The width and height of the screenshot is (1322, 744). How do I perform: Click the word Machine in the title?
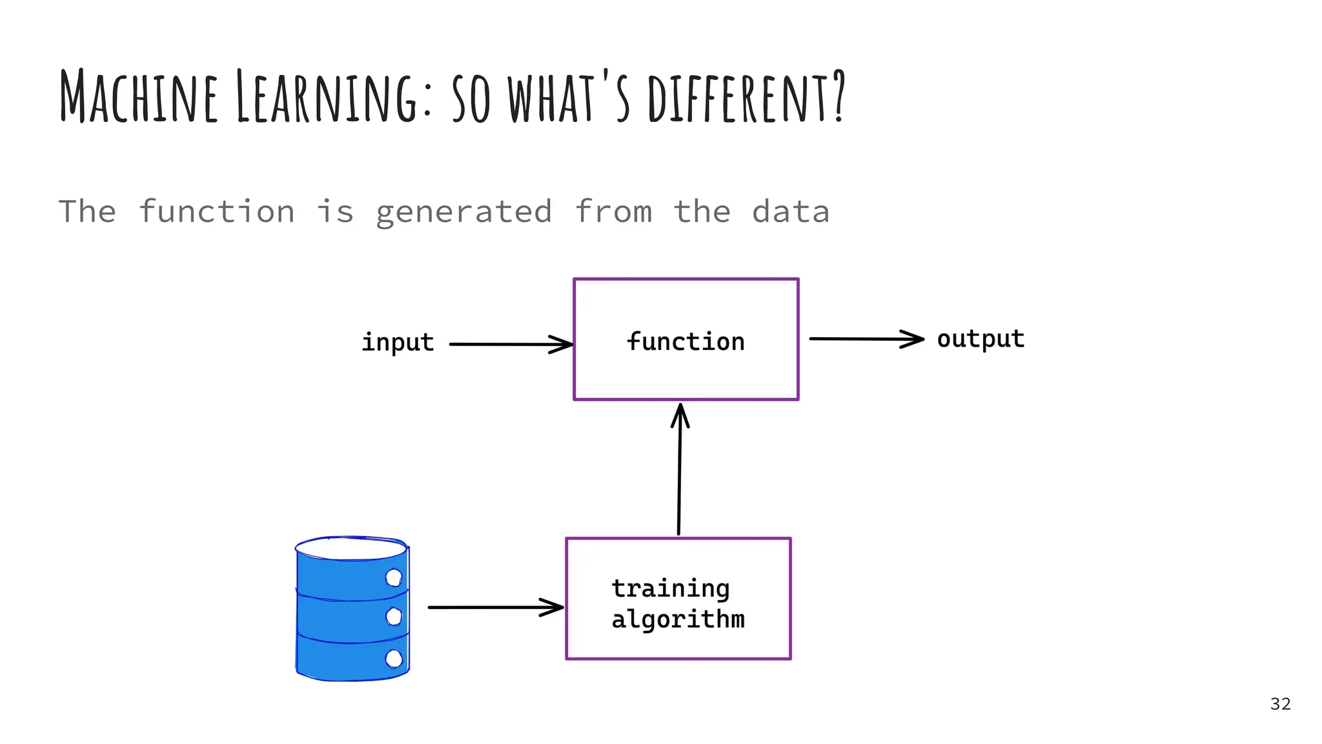[x=138, y=97]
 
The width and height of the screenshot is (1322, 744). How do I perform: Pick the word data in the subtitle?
[x=791, y=212]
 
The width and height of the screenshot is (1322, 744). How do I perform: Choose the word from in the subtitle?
[x=613, y=212]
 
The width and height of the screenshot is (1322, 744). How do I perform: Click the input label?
[x=398, y=342]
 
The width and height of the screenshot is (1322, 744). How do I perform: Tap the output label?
[x=981, y=339]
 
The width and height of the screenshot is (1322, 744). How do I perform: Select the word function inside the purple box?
[x=686, y=341]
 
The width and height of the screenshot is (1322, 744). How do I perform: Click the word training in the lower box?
[x=671, y=589]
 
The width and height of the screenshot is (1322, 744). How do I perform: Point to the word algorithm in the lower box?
[x=678, y=620]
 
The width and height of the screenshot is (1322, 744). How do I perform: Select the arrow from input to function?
[x=510, y=344]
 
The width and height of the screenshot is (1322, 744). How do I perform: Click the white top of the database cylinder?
[x=351, y=548]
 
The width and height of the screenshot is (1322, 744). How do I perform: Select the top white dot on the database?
[x=393, y=577]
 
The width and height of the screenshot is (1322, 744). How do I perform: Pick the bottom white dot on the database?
[x=393, y=659]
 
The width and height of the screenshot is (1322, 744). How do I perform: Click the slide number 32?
[x=1280, y=704]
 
